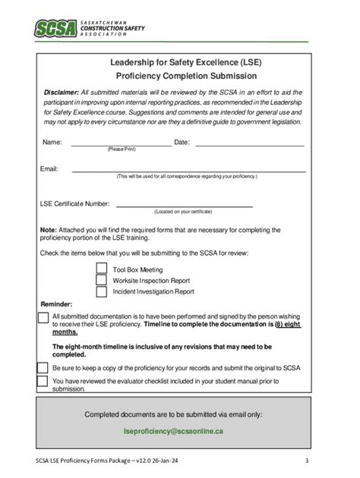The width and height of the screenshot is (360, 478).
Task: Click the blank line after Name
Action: [x=121, y=143]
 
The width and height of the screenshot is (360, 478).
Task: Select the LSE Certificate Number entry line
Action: [x=184, y=204]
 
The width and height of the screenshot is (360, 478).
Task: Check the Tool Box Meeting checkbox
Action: [x=102, y=269]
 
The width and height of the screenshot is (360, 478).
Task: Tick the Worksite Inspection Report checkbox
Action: [x=102, y=280]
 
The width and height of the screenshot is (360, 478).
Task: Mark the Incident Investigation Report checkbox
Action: [x=102, y=291]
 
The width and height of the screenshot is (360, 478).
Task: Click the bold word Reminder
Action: [x=56, y=303]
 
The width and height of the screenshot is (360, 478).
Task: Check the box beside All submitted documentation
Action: [x=43, y=316]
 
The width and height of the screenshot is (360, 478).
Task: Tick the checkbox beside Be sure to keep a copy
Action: [x=43, y=367]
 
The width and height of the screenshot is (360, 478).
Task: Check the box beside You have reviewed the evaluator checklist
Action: [x=43, y=380]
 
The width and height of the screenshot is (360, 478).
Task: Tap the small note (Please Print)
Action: [x=121, y=149]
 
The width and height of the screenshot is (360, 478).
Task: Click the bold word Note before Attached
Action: [x=48, y=230]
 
